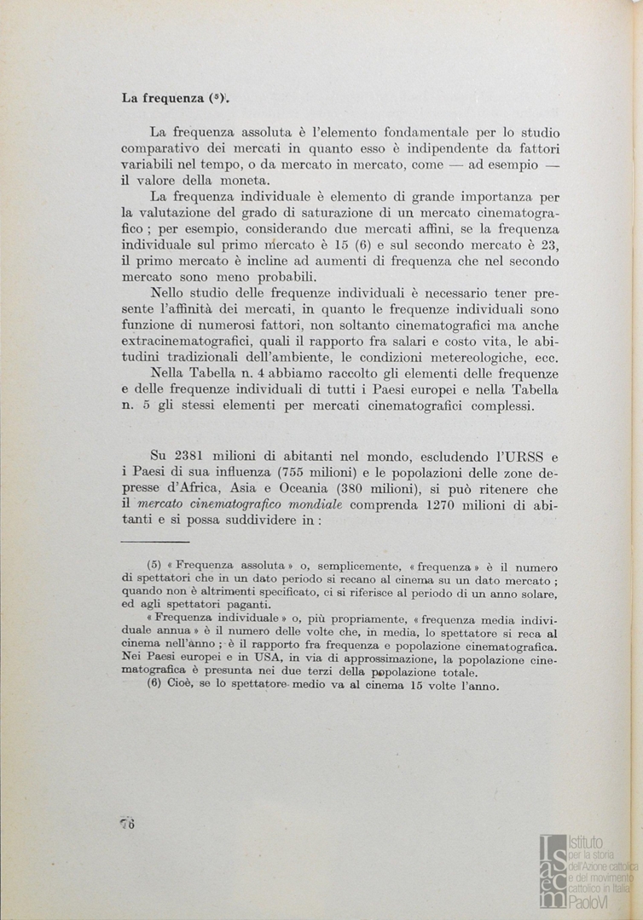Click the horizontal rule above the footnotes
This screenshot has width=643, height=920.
pyautogui.click(x=154, y=541)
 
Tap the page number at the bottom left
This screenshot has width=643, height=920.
pyautogui.click(x=128, y=822)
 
